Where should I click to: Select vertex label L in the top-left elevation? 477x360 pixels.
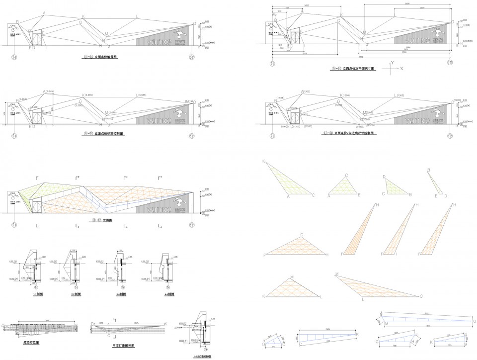point(137,16)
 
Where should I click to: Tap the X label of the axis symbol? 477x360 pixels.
point(402,68)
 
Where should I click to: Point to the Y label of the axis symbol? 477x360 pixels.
point(393,63)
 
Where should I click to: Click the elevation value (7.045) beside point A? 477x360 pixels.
point(51,91)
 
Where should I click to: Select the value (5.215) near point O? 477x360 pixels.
point(189,101)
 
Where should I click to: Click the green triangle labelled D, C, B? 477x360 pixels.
point(396,186)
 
